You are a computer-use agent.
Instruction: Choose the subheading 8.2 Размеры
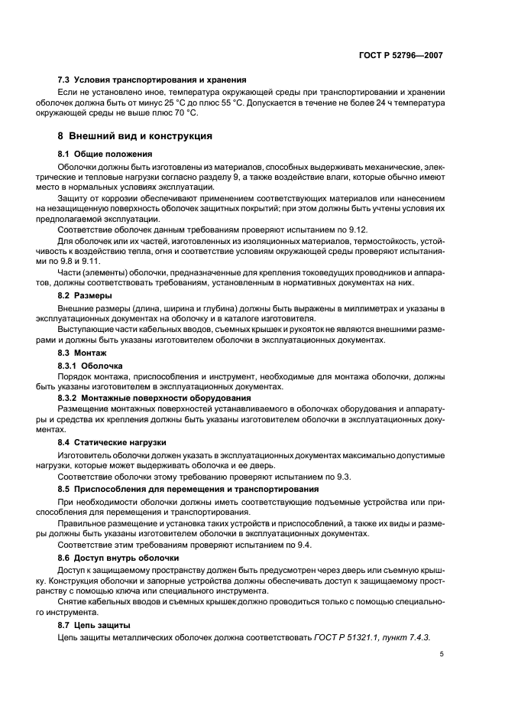pyautogui.click(x=86, y=295)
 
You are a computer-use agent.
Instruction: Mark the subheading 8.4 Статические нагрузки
pyautogui.click(x=112, y=442)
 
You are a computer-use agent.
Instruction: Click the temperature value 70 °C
pyautogui.click(x=181, y=112)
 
